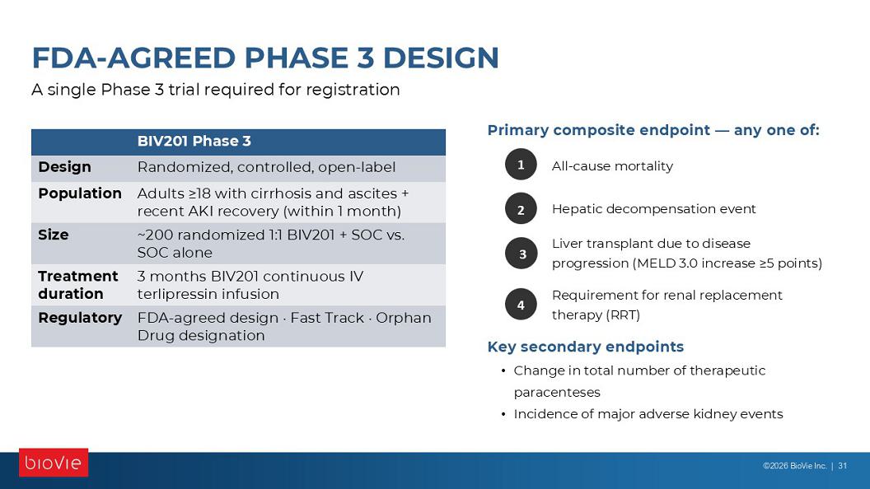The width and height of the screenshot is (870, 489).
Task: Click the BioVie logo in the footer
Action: point(54,463)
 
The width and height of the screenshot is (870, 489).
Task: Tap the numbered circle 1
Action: point(521,165)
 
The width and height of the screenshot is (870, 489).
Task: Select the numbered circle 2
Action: point(521,209)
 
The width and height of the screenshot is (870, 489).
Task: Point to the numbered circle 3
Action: point(521,254)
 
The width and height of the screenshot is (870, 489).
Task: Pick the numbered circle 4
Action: point(521,305)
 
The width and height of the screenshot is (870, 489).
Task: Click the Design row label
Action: point(64,167)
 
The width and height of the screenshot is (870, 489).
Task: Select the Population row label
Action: point(80,193)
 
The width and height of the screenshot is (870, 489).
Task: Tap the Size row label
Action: point(54,235)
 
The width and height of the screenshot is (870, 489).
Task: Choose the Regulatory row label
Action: point(80,319)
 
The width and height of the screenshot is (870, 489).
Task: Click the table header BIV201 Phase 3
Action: point(194,142)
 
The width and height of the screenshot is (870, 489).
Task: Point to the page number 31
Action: point(842,466)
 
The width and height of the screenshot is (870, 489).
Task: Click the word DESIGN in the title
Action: point(441,58)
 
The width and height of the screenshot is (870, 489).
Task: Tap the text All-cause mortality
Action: point(612,165)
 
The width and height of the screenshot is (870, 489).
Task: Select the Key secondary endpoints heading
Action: point(586,347)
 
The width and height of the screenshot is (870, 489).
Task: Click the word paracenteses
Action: point(557,393)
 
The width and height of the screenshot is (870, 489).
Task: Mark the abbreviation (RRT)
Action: point(623,315)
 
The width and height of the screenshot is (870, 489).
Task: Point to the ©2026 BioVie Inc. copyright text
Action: point(794,466)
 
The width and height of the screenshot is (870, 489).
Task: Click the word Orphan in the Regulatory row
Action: point(404,319)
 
